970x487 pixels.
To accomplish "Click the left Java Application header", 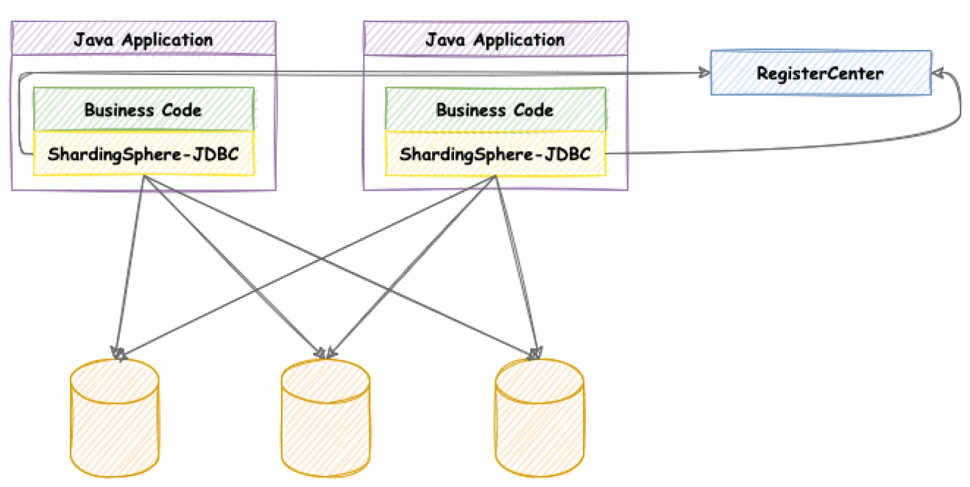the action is click(x=144, y=38).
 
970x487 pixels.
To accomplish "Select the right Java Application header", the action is click(x=496, y=38).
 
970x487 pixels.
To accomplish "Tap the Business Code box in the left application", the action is click(x=144, y=109).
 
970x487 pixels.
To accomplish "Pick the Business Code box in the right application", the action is click(x=495, y=109).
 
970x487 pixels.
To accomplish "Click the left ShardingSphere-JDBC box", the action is click(x=144, y=153).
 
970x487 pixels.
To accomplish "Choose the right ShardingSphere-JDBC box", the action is click(x=495, y=153).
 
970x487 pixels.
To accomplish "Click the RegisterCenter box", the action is click(x=821, y=73).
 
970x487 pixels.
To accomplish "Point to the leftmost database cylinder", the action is click(x=115, y=418).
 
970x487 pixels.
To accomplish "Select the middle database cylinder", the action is click(x=325, y=418).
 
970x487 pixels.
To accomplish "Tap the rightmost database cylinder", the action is click(x=539, y=418).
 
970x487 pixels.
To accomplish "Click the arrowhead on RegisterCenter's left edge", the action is click(x=704, y=72).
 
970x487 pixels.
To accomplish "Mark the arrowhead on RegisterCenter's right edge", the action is click(x=938, y=73).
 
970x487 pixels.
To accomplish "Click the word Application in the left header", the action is click(x=168, y=41).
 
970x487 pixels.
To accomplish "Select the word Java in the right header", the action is click(x=445, y=40).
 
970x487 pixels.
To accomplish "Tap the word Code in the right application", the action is click(x=534, y=110).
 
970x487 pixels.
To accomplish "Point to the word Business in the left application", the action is click(x=119, y=110).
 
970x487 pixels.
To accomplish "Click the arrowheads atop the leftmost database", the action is click(x=118, y=353).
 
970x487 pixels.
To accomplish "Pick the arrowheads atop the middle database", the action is click(x=325, y=353).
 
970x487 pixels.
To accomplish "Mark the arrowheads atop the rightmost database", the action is click(x=535, y=353).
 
